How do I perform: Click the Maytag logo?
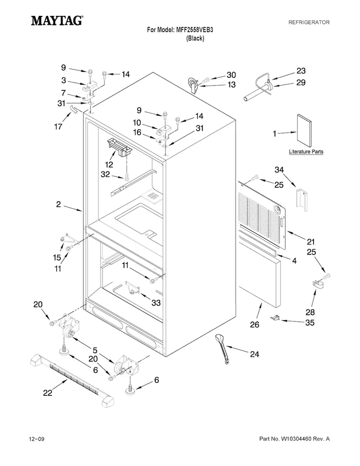tap(57, 21)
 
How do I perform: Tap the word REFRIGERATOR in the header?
tap(309, 22)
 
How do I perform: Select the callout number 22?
tap(48, 392)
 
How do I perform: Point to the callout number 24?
tap(254, 354)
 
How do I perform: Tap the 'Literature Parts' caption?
tap(306, 151)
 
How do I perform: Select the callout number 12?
tap(108, 164)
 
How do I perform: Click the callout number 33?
tap(156, 303)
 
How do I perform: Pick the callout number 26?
tap(254, 324)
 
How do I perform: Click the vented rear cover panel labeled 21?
tap(263, 215)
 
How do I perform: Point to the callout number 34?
tap(279, 170)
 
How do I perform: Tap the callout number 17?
tap(58, 126)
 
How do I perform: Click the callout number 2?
tap(58, 204)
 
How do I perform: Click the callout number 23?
tap(301, 71)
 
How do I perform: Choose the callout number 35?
tap(310, 322)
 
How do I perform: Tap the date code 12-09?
tap(36, 439)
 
